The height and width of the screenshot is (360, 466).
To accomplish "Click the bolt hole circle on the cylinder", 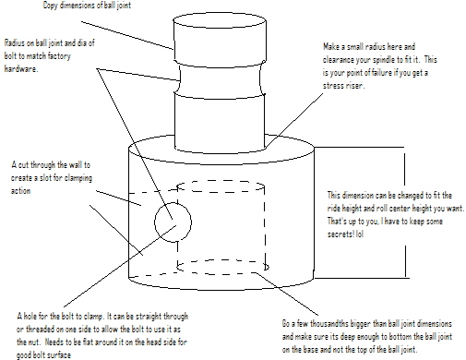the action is tap(155, 222).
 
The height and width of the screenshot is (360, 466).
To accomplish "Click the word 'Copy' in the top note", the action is tap(50, 6).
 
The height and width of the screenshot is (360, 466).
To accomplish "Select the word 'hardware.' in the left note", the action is tap(21, 69).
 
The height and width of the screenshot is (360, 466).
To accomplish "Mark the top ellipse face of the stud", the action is tap(220, 20).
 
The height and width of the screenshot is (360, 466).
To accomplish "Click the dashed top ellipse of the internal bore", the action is tap(221, 181).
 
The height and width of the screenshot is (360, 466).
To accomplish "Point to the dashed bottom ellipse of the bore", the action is tap(222, 260).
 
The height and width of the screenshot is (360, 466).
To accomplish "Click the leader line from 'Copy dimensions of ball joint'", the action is tap(127, 35).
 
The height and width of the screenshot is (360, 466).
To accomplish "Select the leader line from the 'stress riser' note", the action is tap(294, 120).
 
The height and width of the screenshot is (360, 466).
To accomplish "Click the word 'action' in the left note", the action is tap(20, 191).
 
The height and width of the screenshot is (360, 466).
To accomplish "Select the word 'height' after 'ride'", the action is tap(351, 209).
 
